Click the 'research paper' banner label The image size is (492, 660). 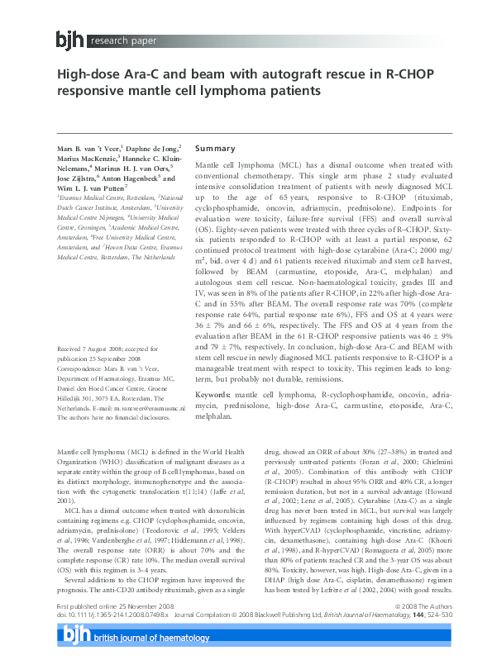122,38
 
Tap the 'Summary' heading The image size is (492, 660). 215,149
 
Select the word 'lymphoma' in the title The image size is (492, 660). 227,89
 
